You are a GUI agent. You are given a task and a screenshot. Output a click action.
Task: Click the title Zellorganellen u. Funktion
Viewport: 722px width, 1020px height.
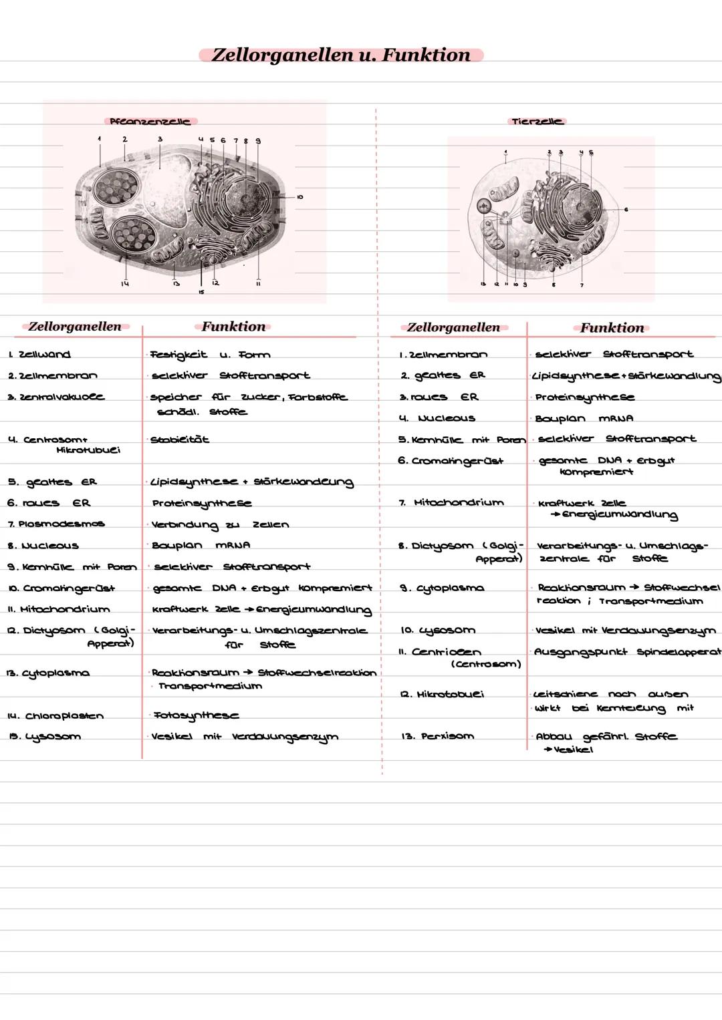(341, 55)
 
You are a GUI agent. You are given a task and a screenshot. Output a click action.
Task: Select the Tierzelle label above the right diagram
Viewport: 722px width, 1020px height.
(536, 122)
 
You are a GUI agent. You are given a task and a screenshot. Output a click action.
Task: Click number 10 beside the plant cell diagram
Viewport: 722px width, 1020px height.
(300, 197)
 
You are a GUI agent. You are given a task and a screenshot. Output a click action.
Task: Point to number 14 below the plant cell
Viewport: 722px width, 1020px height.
(125, 284)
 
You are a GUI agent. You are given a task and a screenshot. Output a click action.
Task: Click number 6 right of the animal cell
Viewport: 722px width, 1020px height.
(626, 210)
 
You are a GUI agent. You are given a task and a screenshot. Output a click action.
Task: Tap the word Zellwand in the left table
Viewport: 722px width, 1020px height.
(45, 355)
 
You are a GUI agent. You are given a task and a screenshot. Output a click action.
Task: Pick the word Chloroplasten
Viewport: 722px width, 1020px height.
(64, 716)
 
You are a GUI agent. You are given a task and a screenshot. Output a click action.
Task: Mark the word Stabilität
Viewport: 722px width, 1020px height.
(180, 440)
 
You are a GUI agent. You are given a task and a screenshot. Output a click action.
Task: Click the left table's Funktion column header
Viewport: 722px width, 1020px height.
(233, 327)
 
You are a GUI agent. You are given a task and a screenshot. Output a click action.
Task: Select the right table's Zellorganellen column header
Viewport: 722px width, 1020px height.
(453, 327)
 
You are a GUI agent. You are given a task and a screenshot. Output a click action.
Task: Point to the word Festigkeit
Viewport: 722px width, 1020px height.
(178, 355)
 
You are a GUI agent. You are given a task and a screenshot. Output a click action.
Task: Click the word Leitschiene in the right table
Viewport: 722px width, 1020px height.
(565, 695)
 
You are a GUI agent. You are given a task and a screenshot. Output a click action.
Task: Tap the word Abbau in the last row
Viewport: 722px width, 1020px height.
(554, 736)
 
